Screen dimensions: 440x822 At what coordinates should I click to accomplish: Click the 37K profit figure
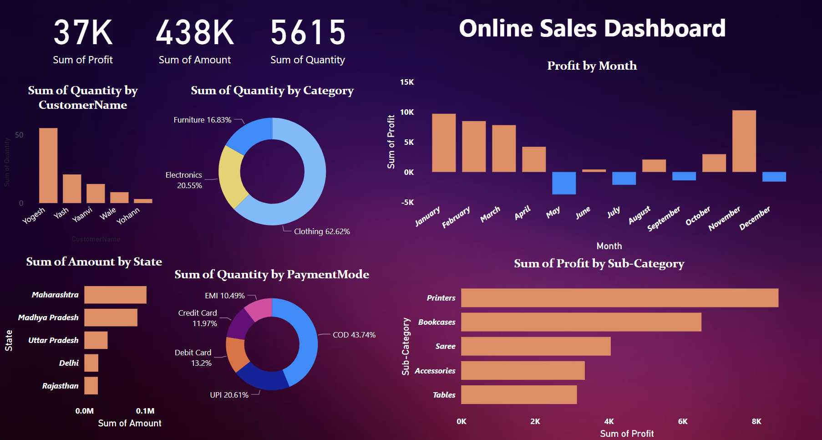[x=83, y=33]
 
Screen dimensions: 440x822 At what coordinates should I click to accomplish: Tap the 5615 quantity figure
[x=308, y=33]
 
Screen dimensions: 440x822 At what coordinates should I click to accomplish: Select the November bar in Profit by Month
[x=744, y=141]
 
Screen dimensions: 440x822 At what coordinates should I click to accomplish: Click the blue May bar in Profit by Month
[x=563, y=183]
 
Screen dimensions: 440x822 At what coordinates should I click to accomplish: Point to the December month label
[x=754, y=218]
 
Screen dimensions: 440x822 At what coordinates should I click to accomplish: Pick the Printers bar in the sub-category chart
[x=619, y=298]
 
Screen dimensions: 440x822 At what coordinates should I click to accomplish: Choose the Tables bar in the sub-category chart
[x=519, y=395]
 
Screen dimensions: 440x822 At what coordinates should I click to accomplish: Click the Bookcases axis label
[x=436, y=322]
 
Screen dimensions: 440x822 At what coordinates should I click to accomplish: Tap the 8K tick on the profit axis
[x=756, y=421]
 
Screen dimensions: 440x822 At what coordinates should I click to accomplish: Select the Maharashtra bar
[x=115, y=295]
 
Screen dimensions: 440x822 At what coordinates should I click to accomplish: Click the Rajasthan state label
[x=60, y=386]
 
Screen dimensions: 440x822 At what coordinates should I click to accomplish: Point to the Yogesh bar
[x=48, y=165]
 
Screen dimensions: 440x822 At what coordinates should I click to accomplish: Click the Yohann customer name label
[x=128, y=216]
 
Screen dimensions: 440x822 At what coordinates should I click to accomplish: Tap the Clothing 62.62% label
[x=322, y=231]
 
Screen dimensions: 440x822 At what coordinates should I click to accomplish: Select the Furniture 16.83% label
[x=203, y=120]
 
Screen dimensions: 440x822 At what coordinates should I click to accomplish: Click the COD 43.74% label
[x=354, y=335]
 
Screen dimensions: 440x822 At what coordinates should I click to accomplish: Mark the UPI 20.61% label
[x=229, y=395]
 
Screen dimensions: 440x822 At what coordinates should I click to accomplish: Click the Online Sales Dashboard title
[x=592, y=28]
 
